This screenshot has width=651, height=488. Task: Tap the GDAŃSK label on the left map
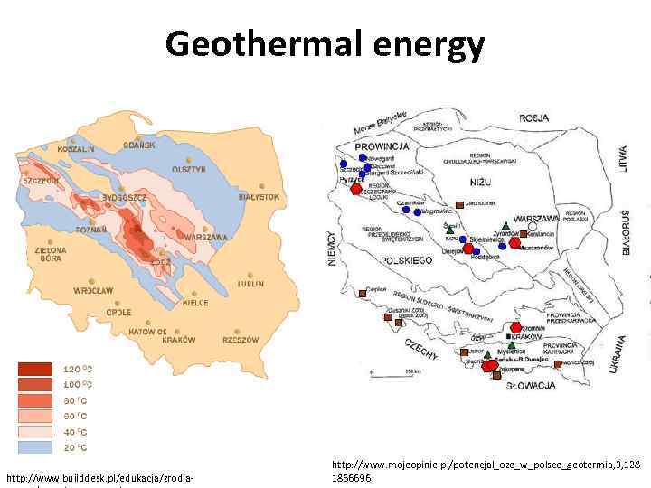(x=138, y=145)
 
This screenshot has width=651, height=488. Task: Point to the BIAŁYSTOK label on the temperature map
(x=259, y=196)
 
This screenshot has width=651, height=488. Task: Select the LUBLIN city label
(x=250, y=283)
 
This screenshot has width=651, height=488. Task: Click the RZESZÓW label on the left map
(x=241, y=340)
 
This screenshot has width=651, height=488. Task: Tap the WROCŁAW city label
(x=93, y=291)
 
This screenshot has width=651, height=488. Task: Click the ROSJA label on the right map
(x=534, y=118)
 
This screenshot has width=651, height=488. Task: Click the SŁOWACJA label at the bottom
(x=531, y=386)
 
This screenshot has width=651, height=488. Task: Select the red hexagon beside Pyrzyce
(x=356, y=189)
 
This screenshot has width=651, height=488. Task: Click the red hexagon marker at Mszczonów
(x=515, y=242)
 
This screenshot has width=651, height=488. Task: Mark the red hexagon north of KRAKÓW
(x=515, y=328)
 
